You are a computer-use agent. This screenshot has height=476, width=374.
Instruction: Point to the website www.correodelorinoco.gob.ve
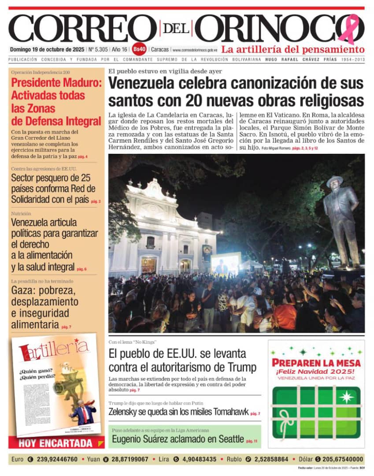click(195, 50)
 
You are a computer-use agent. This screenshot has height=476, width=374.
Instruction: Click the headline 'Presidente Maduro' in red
click(56, 82)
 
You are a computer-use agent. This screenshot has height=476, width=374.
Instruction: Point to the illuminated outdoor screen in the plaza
click(226, 263)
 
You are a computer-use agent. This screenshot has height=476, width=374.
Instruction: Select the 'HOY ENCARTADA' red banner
click(56, 443)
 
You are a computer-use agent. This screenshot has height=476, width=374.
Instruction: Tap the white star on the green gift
click(347, 397)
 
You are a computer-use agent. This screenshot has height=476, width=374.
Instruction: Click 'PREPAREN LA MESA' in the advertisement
click(316, 363)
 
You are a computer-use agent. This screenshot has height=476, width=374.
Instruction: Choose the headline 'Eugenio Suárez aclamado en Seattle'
click(178, 439)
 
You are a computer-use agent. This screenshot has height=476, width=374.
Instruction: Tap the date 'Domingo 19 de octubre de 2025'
click(47, 49)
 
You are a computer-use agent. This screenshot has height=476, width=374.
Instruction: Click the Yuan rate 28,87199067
click(130, 459)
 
